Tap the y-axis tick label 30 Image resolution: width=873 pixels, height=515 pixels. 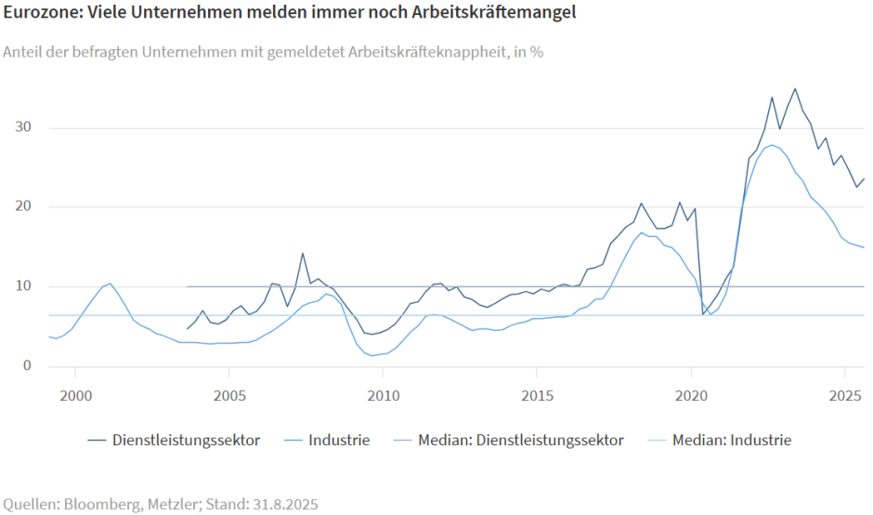point(26,127)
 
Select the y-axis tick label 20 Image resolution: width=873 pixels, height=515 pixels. point(26,206)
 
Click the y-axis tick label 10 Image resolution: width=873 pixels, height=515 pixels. point(26,286)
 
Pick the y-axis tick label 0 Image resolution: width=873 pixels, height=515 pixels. point(29,366)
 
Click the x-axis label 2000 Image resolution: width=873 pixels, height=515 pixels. point(75,394)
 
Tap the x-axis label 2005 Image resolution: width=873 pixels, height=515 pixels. point(229,394)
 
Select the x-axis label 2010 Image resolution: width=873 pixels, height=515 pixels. point(383,394)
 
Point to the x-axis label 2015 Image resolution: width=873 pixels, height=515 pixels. point(537,394)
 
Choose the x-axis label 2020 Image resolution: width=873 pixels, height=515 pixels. point(691,394)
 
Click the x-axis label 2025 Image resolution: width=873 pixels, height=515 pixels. point(844,394)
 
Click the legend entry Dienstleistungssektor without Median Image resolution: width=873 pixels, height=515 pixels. point(186,440)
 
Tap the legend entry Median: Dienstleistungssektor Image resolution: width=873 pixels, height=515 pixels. point(520,440)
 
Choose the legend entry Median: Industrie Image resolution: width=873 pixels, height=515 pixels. point(732,440)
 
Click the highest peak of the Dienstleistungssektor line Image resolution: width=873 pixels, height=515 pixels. point(795,89)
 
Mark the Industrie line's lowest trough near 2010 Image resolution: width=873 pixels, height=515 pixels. point(372,355)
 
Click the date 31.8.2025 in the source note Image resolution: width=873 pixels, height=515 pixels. point(279,505)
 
